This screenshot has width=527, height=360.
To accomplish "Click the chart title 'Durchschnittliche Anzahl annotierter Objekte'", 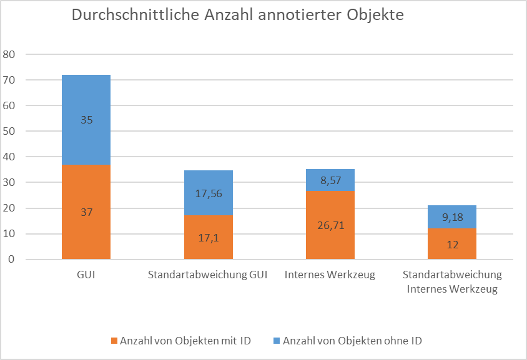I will tap(238, 16).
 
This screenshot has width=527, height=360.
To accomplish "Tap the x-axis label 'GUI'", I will tap(86, 275).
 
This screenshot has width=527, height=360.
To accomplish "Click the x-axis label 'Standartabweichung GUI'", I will tap(208, 275).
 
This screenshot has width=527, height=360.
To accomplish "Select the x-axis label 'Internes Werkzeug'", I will tap(330, 275).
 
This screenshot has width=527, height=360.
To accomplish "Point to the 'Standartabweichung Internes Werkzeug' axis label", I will tap(452, 281).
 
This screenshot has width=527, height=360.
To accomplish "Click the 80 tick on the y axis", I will tap(10, 54).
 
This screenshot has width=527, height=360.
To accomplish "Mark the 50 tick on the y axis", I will tap(10, 131).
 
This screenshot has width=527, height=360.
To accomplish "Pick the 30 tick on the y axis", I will tap(10, 182).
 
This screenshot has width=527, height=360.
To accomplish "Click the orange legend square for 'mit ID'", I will tap(114, 341).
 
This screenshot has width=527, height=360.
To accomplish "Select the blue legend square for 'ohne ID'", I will tap(277, 341).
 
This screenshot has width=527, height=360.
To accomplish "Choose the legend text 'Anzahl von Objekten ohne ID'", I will tap(352, 341).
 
